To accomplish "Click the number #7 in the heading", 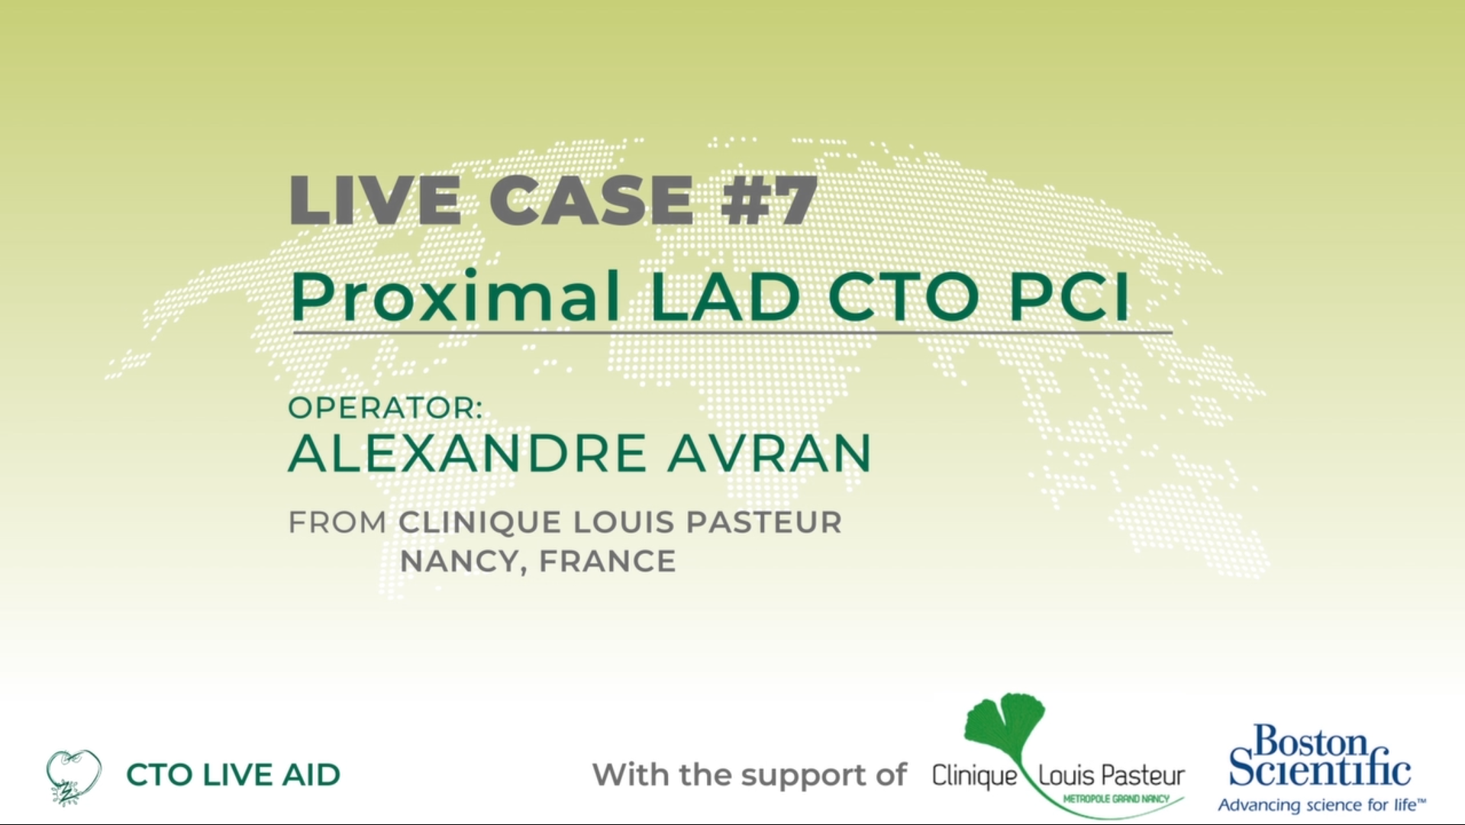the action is (769, 200).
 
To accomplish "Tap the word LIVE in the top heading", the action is (375, 200).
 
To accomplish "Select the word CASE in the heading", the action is (591, 200).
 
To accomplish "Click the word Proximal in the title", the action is (456, 296).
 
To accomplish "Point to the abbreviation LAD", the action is (725, 296).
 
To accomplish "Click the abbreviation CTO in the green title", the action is (904, 296).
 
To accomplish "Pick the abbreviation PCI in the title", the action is (1069, 296).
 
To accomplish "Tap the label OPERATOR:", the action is (386, 408).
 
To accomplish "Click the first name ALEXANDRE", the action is (467, 453).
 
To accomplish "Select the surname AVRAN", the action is (770, 453).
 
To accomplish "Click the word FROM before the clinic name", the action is (337, 523).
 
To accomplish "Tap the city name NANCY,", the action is (464, 562).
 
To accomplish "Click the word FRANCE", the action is (608, 562).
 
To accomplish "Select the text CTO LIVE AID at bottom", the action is (234, 775).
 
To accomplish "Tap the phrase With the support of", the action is (750, 775).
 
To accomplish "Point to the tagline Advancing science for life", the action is (1321, 805).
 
